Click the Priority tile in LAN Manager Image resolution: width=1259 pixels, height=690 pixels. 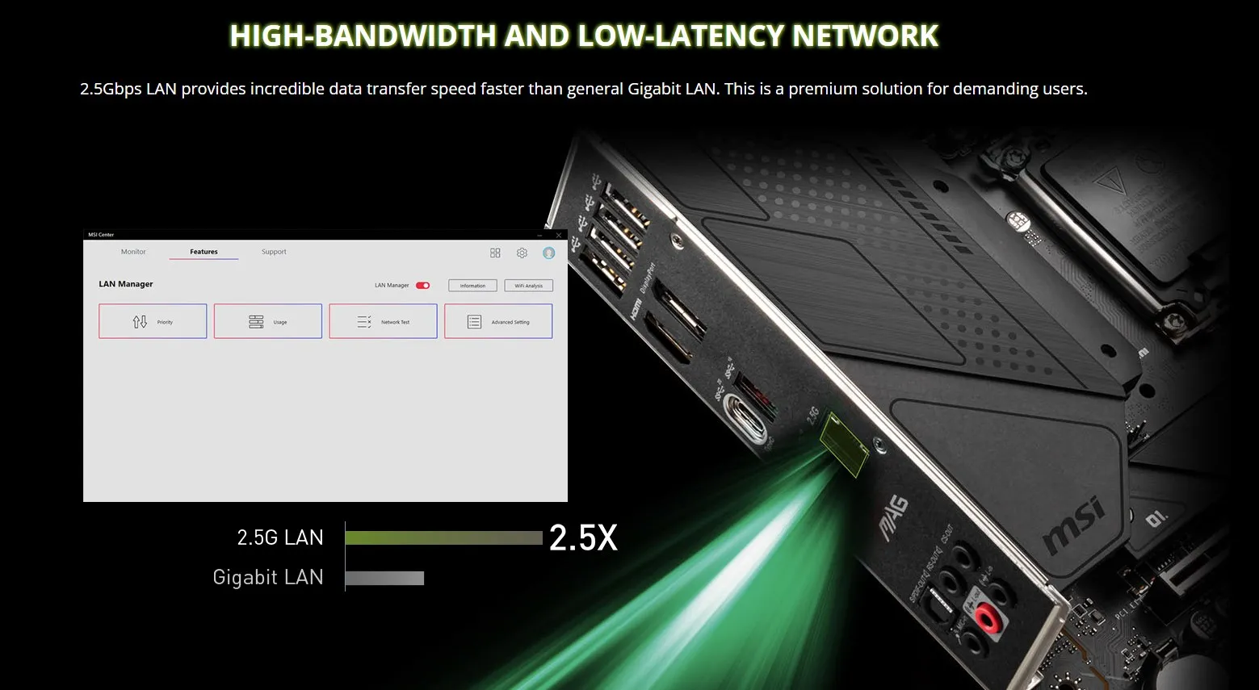pos(153,321)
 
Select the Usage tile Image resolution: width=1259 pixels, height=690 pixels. pos(268,321)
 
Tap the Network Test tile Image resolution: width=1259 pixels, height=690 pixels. pos(383,321)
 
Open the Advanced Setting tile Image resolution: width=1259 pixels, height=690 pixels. pos(498,321)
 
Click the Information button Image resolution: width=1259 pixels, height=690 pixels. pos(472,286)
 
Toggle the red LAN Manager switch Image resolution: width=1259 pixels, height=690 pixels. pos(422,285)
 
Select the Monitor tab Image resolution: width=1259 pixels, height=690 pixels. pos(133,252)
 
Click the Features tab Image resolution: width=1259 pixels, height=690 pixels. pos(204,252)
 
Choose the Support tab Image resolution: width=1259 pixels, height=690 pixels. pos(274,252)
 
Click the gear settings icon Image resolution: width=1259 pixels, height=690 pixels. pos(522,253)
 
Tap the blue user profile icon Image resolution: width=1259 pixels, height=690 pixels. pos(549,253)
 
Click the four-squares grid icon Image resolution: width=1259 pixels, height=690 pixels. pos(495,253)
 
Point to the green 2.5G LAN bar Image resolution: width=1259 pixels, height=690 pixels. pos(443,538)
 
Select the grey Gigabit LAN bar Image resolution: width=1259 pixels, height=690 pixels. pos(384,578)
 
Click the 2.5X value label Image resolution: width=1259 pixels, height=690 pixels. pos(583,538)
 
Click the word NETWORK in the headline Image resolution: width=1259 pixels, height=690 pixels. pos(865,36)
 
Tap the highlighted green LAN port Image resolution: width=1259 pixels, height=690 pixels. pos(843,444)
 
